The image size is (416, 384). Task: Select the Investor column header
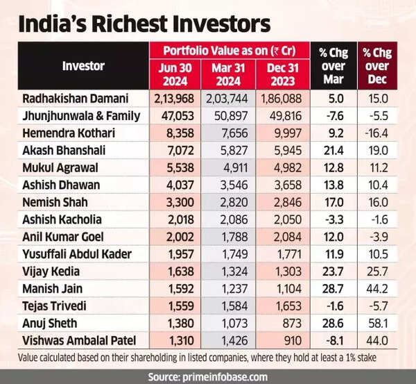[x=83, y=67]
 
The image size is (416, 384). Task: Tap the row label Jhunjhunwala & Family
[x=82, y=116]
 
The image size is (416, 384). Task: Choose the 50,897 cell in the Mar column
[x=229, y=116]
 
